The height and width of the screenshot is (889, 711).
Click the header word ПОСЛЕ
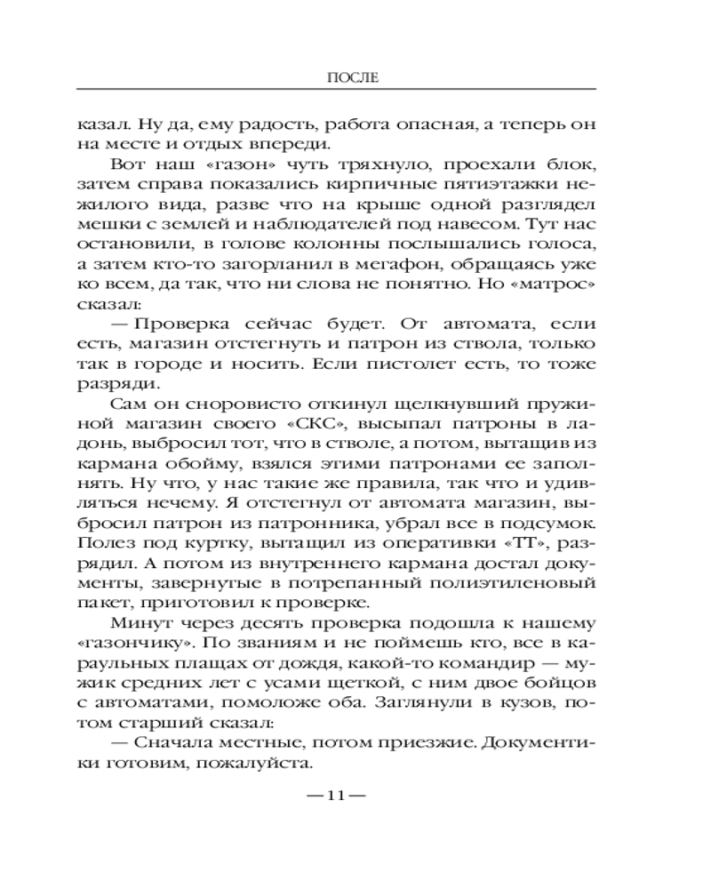(x=355, y=77)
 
